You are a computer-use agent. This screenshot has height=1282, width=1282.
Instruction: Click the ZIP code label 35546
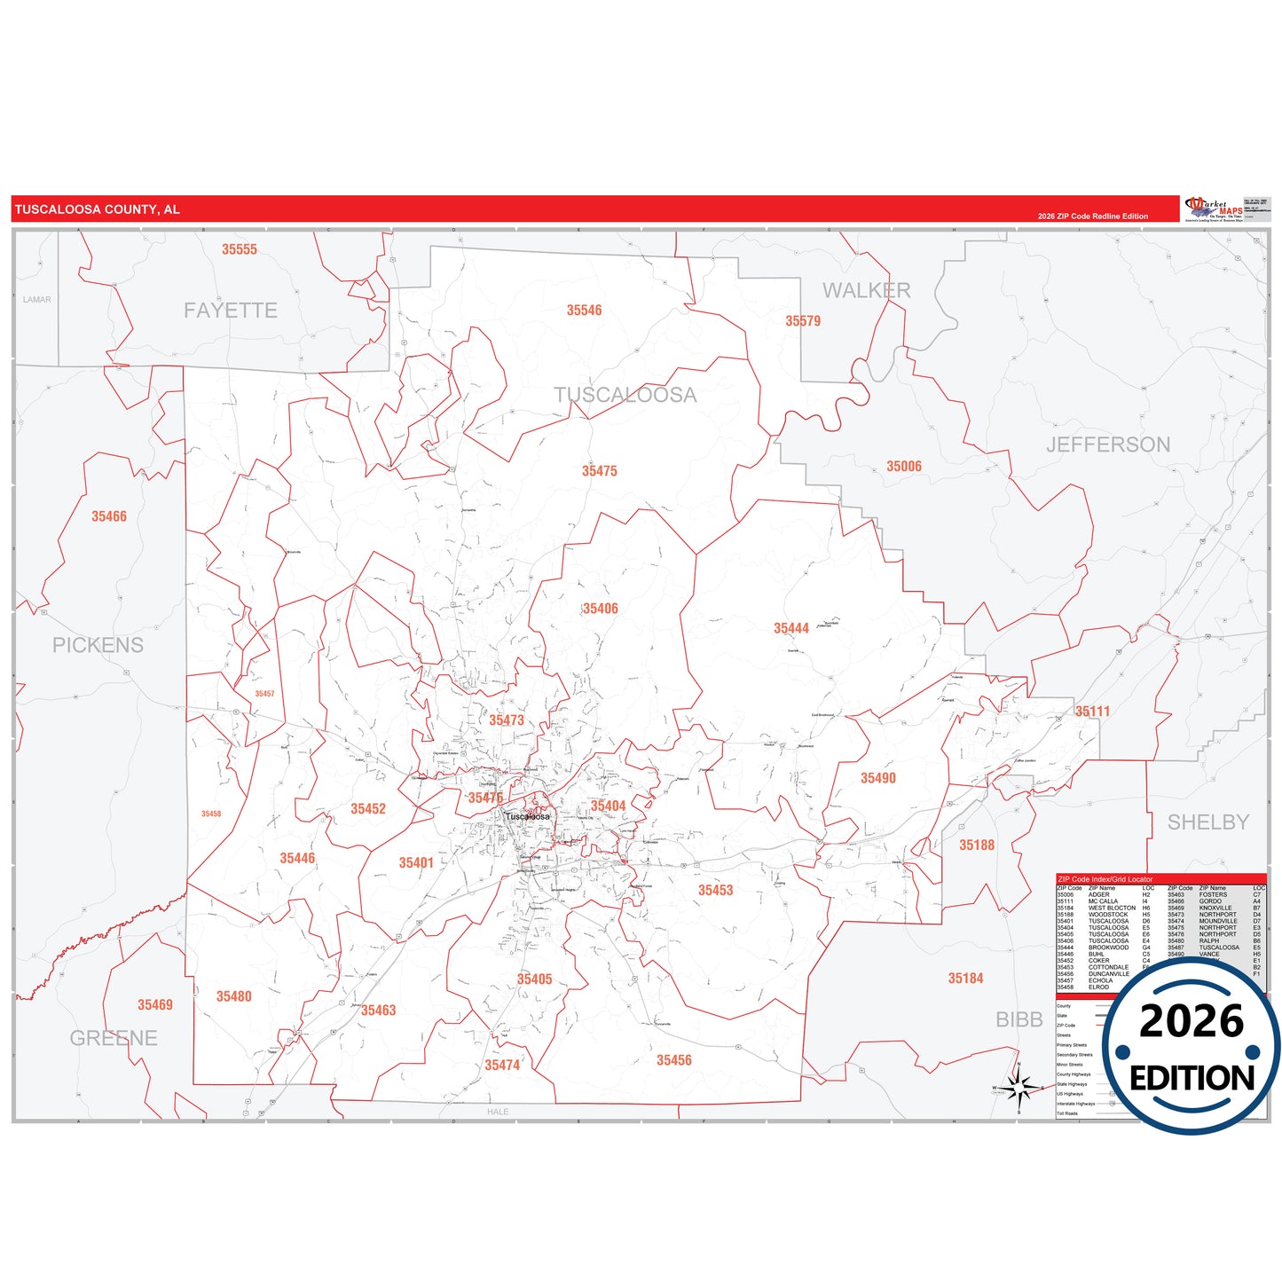[x=584, y=311]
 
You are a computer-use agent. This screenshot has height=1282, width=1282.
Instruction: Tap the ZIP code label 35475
[x=599, y=471]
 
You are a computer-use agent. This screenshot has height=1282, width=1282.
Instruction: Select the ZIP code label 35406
[x=600, y=609]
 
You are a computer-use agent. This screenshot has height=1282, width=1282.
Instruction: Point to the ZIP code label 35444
[x=790, y=628]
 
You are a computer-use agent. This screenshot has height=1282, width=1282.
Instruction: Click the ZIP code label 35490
[x=877, y=778]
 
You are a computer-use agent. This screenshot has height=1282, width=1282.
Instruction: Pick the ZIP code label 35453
[x=715, y=890]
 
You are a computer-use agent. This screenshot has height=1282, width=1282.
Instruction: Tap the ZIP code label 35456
[x=673, y=1060]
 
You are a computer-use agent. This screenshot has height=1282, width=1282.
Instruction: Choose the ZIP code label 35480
[x=233, y=996]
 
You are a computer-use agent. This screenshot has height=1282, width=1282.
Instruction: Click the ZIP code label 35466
[x=109, y=516]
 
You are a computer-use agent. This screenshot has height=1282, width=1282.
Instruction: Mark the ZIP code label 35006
[x=903, y=467]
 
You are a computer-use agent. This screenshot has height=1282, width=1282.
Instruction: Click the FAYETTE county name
[x=231, y=311]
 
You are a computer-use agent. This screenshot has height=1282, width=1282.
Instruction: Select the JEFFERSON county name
[x=1107, y=444]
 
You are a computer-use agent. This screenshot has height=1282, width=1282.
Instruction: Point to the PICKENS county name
[x=98, y=645]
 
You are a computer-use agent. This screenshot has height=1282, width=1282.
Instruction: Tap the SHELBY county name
[x=1207, y=822]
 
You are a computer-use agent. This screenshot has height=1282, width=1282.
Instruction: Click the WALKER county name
[x=866, y=290]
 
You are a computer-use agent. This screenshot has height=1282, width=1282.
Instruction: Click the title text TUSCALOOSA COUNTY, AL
[x=98, y=209]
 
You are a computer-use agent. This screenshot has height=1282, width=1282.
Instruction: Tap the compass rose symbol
[x=1019, y=1087]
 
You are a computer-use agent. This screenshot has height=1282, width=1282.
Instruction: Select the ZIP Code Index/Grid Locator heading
[x=1105, y=879]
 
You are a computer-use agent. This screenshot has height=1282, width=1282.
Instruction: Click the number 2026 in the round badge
[x=1191, y=1022]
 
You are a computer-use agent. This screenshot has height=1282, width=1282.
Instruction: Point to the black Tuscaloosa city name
[x=527, y=816]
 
